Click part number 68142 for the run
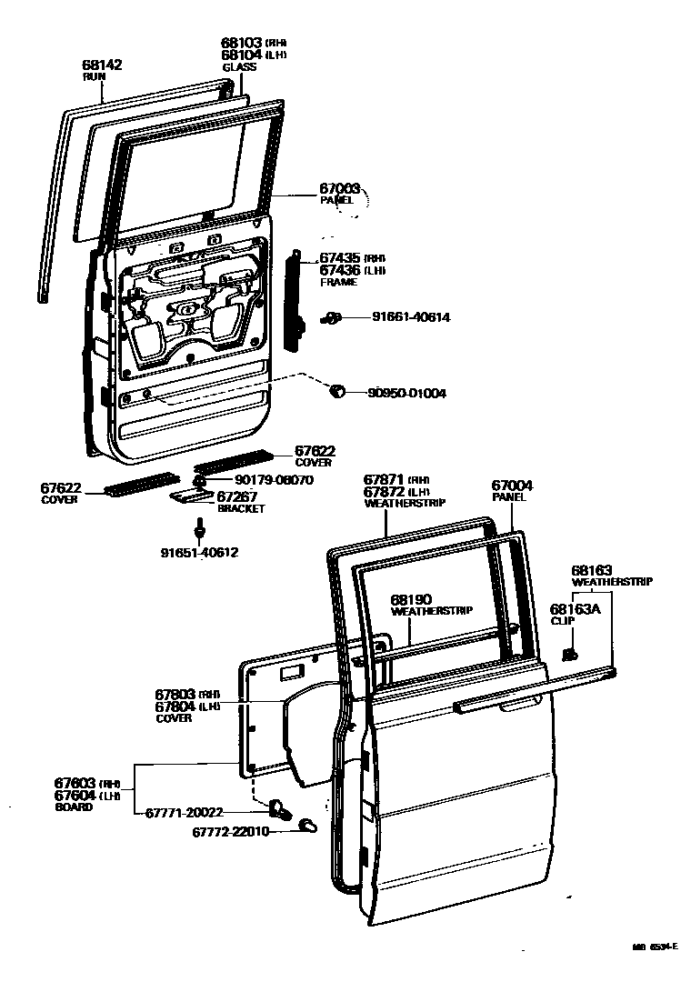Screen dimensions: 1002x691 click(102, 65)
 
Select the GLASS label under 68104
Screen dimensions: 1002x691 click(239, 67)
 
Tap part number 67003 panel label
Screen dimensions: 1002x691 click(339, 188)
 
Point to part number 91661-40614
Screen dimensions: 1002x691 click(410, 317)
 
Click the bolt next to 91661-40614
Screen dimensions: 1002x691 click(332, 317)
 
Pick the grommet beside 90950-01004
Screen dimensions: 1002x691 click(335, 391)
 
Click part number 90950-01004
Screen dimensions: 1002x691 click(406, 394)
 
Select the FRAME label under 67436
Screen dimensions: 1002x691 click(338, 283)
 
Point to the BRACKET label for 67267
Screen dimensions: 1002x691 click(241, 509)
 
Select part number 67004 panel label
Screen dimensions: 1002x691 click(512, 486)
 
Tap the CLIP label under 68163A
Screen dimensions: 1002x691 click(563, 622)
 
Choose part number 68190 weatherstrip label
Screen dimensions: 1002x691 click(411, 600)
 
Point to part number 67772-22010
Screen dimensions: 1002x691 click(230, 831)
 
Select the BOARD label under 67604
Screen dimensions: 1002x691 click(73, 807)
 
